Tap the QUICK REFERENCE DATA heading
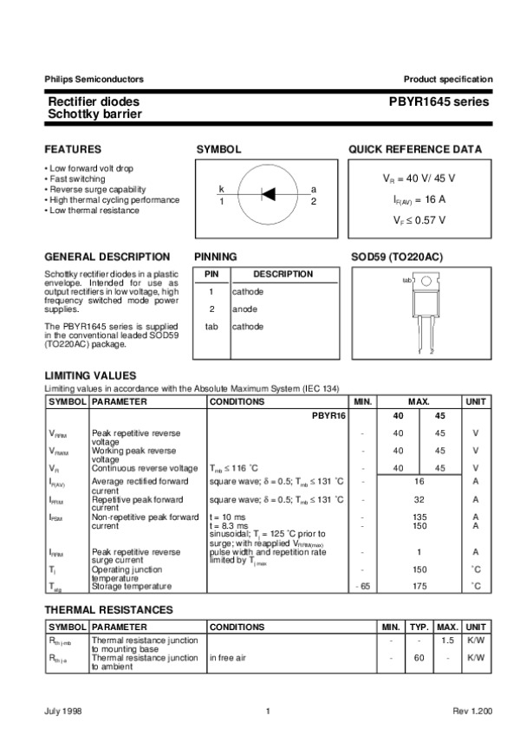pos(415,150)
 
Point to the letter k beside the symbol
pos(221,189)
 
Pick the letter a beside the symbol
pos(313,189)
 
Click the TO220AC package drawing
pos(425,308)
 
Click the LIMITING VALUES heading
pos(90,375)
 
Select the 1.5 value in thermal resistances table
pos(447,640)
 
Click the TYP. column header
pos(419,626)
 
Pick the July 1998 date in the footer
pos(64,712)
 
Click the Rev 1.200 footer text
pos(471,712)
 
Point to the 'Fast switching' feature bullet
pos(77,179)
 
